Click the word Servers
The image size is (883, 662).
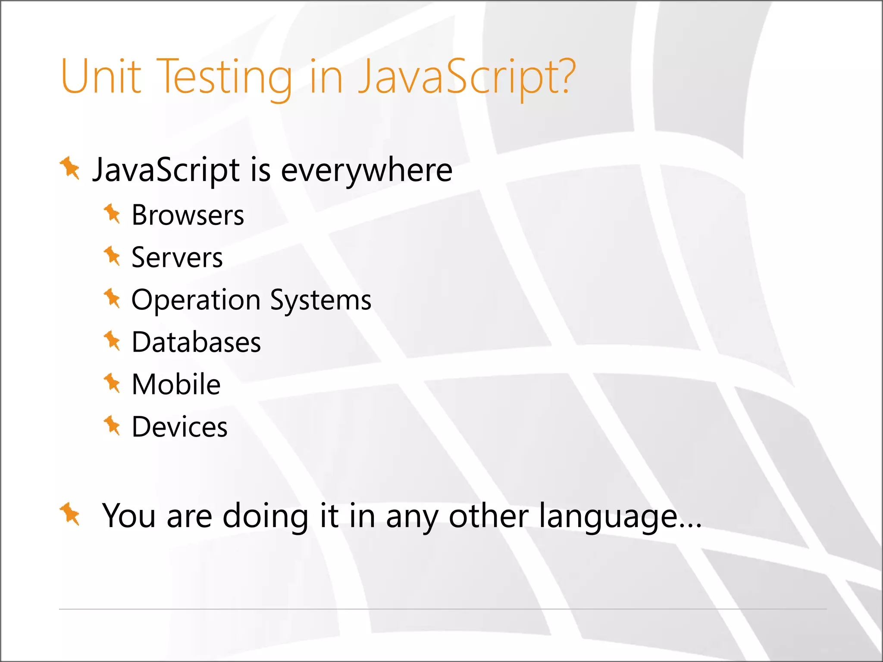click(177, 257)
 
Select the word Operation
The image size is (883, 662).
click(196, 300)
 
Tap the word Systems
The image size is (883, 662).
click(321, 300)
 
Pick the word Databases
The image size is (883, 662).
click(196, 342)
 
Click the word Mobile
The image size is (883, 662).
click(176, 384)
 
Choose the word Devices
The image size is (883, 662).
click(179, 427)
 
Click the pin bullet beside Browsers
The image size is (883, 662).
click(112, 214)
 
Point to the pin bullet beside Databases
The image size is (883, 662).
click(112, 341)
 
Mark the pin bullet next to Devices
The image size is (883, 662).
click(112, 425)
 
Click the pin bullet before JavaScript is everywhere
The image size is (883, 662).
click(70, 168)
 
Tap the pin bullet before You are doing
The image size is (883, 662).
click(70, 514)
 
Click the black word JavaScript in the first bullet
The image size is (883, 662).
click(166, 170)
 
